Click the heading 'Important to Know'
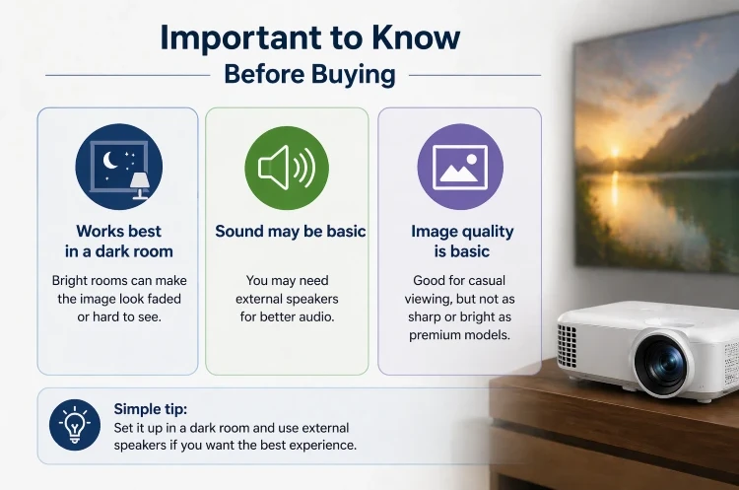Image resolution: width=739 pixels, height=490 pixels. [309, 37]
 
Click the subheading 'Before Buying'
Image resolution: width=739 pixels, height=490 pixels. [309, 74]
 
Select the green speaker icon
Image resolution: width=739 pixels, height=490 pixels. [287, 167]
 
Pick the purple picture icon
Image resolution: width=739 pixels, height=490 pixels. [459, 167]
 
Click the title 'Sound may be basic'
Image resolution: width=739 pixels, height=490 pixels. [290, 232]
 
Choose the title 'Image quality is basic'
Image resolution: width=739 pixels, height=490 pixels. [462, 241]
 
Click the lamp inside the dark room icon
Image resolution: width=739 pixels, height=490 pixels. [137, 183]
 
